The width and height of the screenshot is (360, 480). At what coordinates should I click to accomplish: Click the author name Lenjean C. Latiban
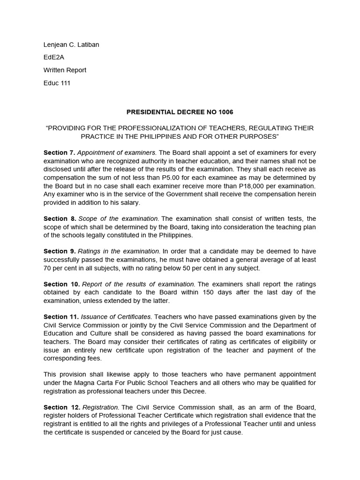point(71,45)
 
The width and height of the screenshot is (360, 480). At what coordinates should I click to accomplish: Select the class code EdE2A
point(54,58)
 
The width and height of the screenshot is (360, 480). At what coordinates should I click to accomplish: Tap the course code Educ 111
point(57,83)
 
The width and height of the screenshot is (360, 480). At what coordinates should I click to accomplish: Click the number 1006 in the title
point(224,112)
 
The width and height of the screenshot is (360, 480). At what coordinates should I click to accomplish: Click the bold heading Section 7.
point(60,153)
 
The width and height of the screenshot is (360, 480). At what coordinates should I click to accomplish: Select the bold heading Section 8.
point(60,218)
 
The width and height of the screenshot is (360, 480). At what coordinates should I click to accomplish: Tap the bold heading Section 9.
point(60,251)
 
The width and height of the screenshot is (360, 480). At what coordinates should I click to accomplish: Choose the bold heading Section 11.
point(61,317)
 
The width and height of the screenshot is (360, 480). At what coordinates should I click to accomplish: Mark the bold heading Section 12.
point(61,407)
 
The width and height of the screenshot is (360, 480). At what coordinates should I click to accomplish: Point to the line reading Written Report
point(65,70)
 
